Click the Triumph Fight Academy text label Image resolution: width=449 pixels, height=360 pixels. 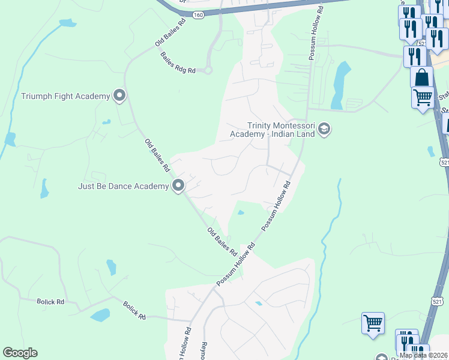pyautogui.click(x=65, y=96)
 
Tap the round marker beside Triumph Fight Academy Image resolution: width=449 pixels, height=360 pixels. pyautogui.click(x=119, y=95)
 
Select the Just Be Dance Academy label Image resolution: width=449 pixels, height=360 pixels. pyautogui.click(x=123, y=186)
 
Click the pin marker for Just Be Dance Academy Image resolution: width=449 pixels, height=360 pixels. pyautogui.click(x=178, y=186)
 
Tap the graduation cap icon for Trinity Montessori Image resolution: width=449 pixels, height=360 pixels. pyautogui.click(x=324, y=129)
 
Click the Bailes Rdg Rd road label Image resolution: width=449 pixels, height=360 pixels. pyautogui.click(x=178, y=62)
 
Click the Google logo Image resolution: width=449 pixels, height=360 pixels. pyautogui.click(x=20, y=353)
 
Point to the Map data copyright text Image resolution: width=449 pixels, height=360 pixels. pyautogui.click(x=423, y=355)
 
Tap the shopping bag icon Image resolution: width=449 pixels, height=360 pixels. pyautogui.click(x=421, y=77)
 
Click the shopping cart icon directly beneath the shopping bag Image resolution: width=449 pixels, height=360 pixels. pyautogui.click(x=423, y=97)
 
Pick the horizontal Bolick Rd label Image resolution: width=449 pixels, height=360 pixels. pyautogui.click(x=50, y=302)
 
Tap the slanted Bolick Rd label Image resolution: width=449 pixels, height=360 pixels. pyautogui.click(x=134, y=310)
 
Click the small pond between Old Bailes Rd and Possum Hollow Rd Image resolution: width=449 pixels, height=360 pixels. pyautogui.click(x=241, y=212)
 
